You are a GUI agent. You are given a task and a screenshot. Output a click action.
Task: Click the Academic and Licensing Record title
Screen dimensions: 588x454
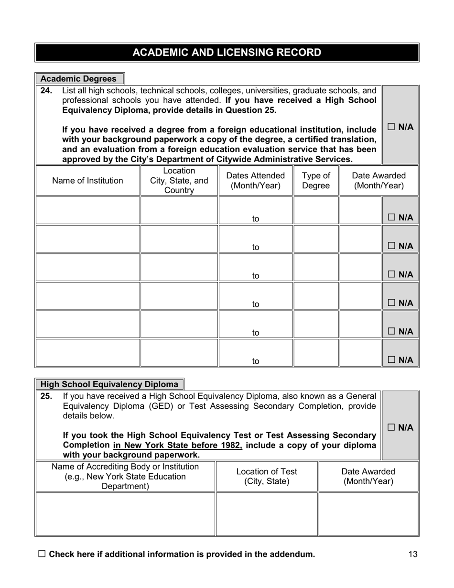point(227,53)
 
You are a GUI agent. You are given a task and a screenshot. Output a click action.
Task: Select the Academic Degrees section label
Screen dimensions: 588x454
point(78,79)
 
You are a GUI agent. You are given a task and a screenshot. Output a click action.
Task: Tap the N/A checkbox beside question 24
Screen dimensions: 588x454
point(391,127)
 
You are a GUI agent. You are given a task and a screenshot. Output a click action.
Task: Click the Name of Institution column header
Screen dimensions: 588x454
point(87,181)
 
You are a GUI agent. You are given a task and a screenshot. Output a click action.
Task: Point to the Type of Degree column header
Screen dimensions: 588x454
point(316,181)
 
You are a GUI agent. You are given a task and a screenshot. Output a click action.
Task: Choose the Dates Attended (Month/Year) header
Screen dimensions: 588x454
point(255,181)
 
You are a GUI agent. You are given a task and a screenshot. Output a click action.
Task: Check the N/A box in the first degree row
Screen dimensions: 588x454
point(391,218)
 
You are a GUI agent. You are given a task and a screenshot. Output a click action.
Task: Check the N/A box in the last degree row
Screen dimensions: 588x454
point(391,360)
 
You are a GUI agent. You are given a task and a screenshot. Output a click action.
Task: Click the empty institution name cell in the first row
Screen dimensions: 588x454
point(87,210)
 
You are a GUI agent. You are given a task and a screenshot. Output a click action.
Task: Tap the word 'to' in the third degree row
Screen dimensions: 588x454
point(256,276)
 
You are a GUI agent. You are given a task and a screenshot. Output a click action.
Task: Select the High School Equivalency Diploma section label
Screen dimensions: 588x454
point(109,384)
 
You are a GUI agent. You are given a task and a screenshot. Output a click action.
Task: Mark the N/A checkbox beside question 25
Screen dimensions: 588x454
point(391,427)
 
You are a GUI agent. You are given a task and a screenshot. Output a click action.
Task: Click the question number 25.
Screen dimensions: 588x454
point(46,396)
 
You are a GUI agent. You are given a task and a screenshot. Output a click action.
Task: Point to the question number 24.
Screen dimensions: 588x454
point(46,90)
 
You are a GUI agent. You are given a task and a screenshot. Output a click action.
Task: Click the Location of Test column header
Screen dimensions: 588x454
point(267,476)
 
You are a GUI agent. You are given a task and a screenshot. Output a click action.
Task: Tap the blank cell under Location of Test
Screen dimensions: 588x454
point(267,514)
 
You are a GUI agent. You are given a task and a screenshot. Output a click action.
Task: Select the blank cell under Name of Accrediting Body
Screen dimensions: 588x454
point(125,514)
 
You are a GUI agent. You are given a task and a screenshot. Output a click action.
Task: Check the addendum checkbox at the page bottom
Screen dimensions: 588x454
point(42,554)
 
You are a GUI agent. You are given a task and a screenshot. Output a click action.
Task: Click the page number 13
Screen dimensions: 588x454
point(413,555)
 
